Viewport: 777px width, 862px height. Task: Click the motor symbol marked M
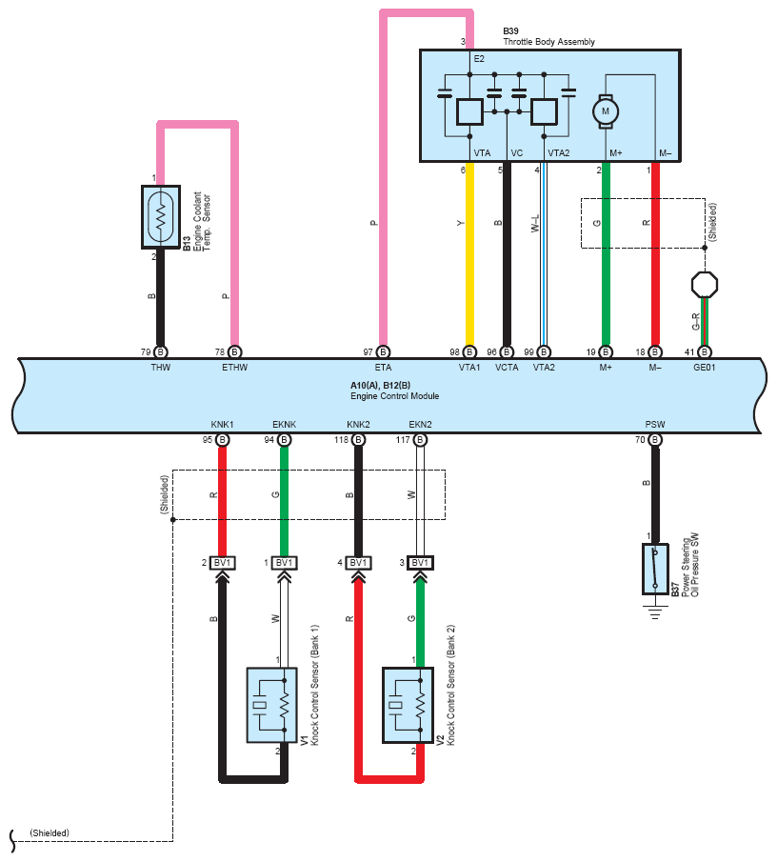coord(605,111)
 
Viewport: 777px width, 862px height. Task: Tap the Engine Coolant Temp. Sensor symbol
coord(161,217)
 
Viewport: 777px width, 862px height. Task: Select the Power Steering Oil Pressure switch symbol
coord(655,569)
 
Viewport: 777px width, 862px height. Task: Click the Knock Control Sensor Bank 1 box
coord(272,706)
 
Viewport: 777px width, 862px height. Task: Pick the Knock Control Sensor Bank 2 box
coord(408,706)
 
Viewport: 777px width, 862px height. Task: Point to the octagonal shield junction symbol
coord(705,285)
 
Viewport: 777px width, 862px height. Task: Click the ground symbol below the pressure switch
coord(655,611)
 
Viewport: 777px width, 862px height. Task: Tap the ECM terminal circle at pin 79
coord(161,351)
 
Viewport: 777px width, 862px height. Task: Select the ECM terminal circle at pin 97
coord(383,351)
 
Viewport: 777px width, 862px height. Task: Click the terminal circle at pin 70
coord(655,440)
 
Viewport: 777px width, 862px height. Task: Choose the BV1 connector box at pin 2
coord(223,563)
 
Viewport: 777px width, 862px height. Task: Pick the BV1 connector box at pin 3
coord(420,563)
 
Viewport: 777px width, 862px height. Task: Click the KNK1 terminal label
coord(223,425)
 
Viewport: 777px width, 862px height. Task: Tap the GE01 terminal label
coord(705,368)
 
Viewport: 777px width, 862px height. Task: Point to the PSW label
coord(655,425)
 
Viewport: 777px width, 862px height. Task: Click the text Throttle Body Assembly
coord(549,42)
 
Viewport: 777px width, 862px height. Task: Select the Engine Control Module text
coord(394,396)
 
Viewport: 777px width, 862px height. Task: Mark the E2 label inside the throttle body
coord(479,59)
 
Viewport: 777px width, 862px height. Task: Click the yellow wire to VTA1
coord(469,254)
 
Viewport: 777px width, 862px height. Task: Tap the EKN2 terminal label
coord(420,425)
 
